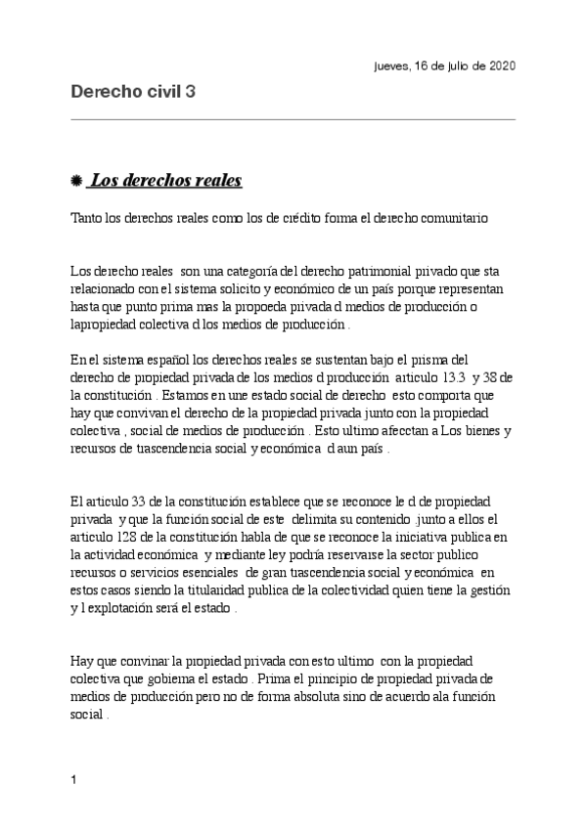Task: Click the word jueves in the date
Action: coord(392,65)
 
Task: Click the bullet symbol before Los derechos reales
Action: coord(77,182)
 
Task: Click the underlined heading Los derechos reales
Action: coord(165,181)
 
